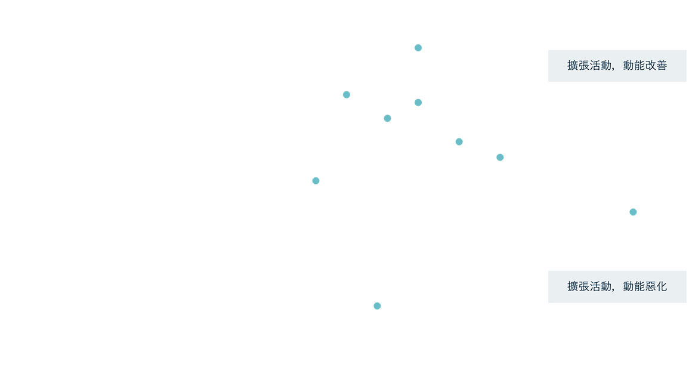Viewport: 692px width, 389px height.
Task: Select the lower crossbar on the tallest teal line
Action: click(410, 103)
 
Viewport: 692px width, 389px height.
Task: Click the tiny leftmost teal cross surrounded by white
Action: click(316, 181)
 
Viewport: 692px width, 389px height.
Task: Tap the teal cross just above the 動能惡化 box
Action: click(634, 212)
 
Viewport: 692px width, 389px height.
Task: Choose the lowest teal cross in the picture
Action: click(378, 306)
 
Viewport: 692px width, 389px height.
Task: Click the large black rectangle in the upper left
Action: click(161, 69)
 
